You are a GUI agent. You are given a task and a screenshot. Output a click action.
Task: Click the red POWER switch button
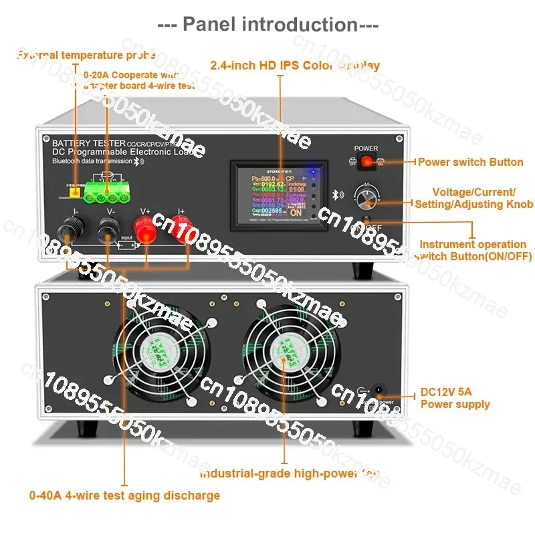tap(366, 162)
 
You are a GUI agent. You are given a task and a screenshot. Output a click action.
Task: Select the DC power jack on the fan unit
tap(380, 392)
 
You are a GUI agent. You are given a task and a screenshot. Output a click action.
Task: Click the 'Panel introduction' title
tap(267, 25)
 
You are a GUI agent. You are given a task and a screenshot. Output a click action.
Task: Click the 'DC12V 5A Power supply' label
tap(455, 398)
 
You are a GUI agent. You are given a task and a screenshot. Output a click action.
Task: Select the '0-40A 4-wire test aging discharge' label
tap(124, 496)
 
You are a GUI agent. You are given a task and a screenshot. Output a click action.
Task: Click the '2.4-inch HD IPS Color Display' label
tap(295, 66)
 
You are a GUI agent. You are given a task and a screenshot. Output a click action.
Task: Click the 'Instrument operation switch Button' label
tap(472, 251)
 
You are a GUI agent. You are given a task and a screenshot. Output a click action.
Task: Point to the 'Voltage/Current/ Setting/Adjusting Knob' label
tap(473, 198)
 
